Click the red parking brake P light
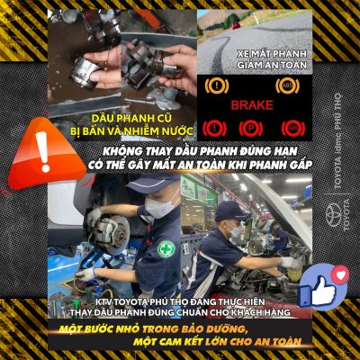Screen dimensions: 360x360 (251, 128)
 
